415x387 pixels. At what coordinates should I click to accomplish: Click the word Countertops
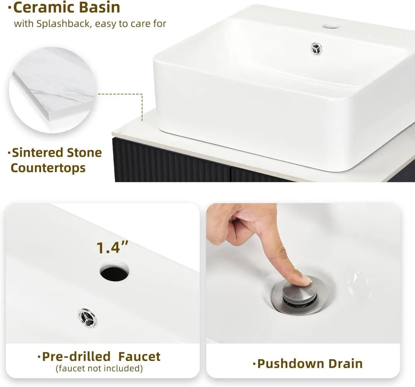(48, 168)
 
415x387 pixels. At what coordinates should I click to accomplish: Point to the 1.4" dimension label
(112, 247)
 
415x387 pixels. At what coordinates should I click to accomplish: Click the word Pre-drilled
(76, 357)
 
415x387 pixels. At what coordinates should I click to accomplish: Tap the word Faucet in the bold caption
(139, 357)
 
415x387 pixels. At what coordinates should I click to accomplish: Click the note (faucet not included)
(99, 368)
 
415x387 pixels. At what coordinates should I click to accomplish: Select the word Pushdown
(290, 364)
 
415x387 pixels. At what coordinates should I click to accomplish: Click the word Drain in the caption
(346, 364)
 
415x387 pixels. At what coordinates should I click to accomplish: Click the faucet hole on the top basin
(331, 26)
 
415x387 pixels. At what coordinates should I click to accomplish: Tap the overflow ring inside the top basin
(316, 49)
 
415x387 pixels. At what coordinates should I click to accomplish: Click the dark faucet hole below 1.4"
(115, 272)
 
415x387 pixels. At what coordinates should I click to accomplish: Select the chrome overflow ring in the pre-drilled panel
(88, 318)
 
